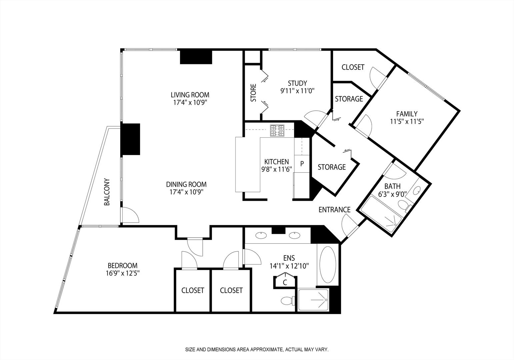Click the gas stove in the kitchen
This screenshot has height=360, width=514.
pyautogui.click(x=277, y=131)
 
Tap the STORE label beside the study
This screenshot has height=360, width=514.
pyautogui.click(x=253, y=93)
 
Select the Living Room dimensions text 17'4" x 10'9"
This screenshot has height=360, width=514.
pyautogui.click(x=190, y=102)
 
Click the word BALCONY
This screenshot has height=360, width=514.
pyautogui.click(x=107, y=192)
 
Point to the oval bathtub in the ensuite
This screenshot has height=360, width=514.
pyautogui.click(x=328, y=265)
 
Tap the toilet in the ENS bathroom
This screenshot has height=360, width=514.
pyautogui.click(x=288, y=301)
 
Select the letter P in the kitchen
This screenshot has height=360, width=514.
pyautogui.click(x=302, y=164)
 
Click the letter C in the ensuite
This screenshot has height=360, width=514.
pyautogui.click(x=285, y=282)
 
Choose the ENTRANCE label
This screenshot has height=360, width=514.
pyautogui.click(x=334, y=210)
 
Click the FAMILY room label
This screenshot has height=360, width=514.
pyautogui.click(x=407, y=114)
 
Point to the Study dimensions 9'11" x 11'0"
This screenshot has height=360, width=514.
pyautogui.click(x=297, y=91)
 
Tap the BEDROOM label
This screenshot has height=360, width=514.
pyautogui.click(x=123, y=266)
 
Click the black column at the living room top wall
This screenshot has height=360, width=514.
pyautogui.click(x=196, y=57)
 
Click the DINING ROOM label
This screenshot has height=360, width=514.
pyautogui.click(x=186, y=184)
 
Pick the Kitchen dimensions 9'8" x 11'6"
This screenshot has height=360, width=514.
pyautogui.click(x=277, y=169)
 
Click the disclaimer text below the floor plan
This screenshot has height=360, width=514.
pyautogui.click(x=257, y=350)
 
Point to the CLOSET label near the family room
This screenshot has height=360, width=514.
pyautogui.click(x=353, y=67)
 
